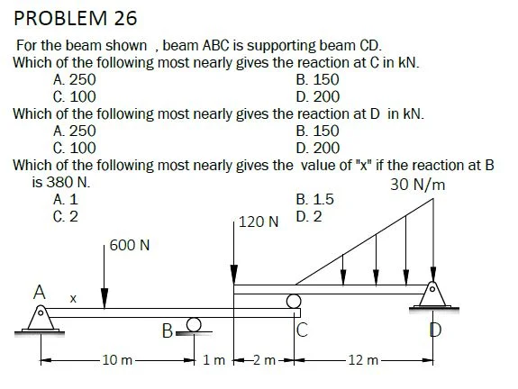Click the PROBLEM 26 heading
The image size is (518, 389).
[76, 19]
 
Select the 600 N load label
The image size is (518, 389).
[130, 245]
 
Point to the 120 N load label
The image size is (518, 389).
[259, 222]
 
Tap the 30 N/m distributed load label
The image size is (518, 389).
[418, 185]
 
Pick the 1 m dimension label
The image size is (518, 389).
[214, 359]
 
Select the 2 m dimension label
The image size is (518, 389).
[264, 359]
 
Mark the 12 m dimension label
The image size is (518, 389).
[363, 359]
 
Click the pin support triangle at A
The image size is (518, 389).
[41, 317]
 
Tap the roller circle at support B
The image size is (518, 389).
[194, 324]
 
